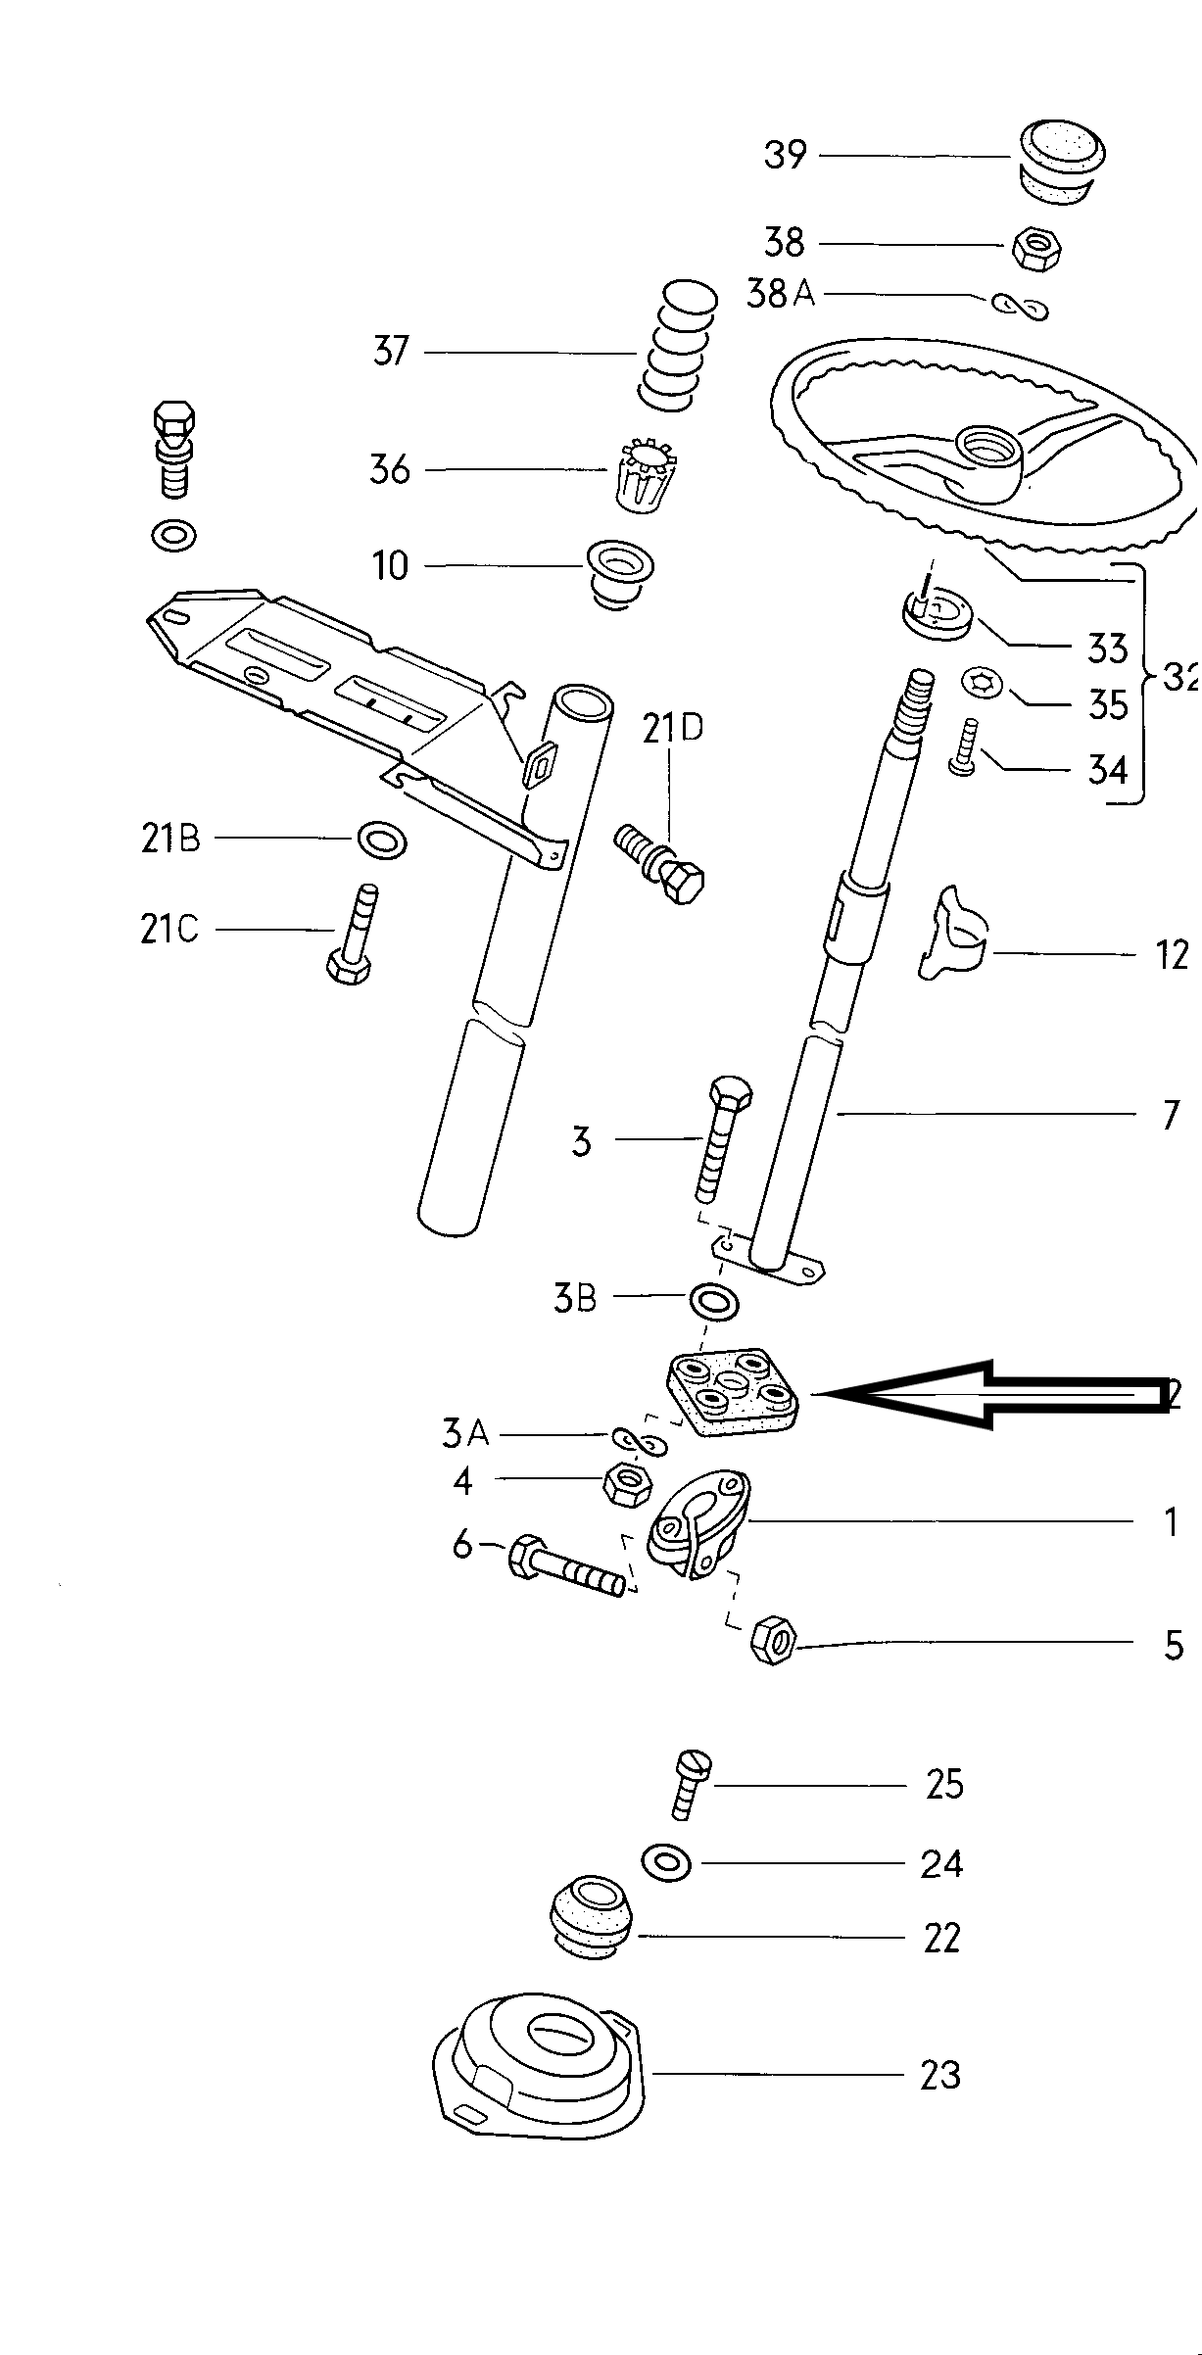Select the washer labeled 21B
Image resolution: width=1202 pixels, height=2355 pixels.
click(381, 840)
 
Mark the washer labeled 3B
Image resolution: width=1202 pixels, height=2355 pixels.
click(714, 1303)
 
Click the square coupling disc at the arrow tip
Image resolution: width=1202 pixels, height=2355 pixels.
click(732, 1394)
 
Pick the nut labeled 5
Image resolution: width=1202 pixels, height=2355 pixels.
click(774, 1640)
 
